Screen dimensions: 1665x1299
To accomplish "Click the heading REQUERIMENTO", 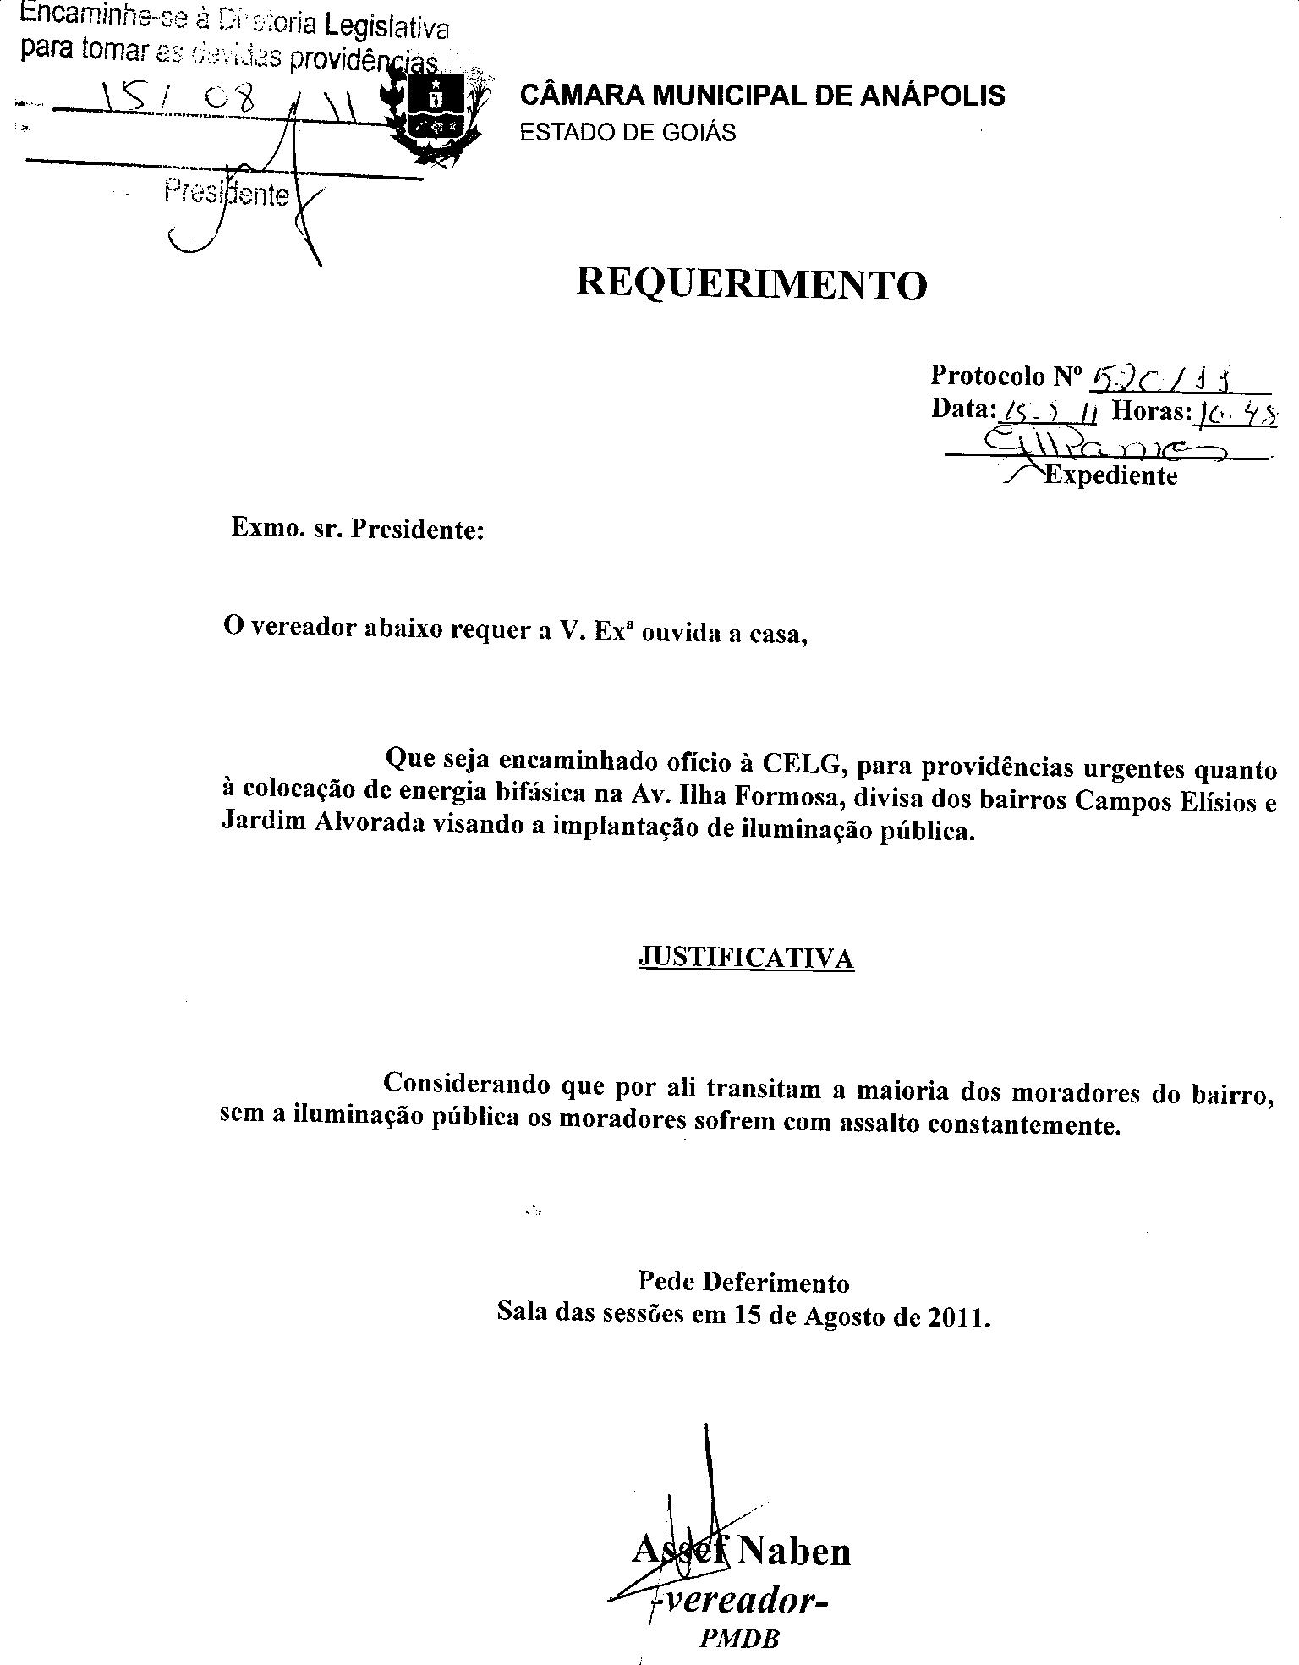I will [x=751, y=284].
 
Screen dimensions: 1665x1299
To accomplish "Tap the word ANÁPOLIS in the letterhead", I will [x=932, y=96].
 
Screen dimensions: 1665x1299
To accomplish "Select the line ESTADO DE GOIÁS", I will [x=628, y=133].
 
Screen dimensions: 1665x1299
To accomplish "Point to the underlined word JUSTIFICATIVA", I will [x=745, y=958].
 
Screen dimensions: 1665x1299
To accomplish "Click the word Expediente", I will [x=1111, y=475].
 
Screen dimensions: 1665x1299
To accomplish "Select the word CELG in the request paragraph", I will [x=804, y=764].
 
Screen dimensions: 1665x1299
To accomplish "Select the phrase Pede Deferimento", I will [x=743, y=1283].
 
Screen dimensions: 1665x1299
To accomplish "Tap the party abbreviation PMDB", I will [x=739, y=1638].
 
